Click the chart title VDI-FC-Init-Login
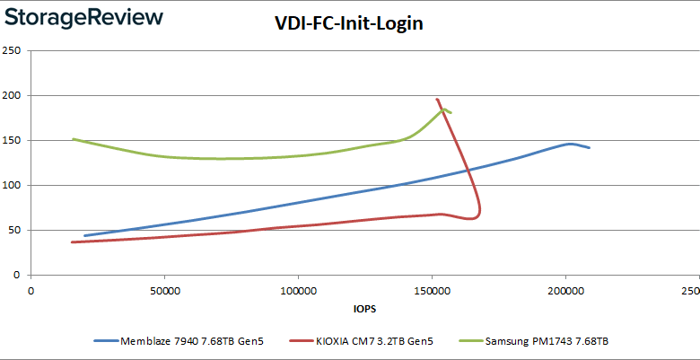point(348,24)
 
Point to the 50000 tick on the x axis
point(164,290)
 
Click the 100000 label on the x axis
point(298,290)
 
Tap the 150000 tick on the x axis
point(432,290)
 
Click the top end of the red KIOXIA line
point(437,100)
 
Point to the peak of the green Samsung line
point(443,110)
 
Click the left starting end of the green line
point(74,139)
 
